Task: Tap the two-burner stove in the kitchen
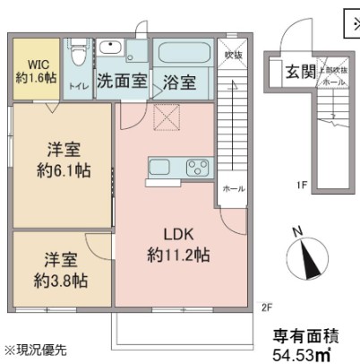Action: pyautogui.click(x=195, y=167)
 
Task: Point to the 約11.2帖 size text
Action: pyautogui.click(x=178, y=255)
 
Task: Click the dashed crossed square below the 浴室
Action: pyautogui.click(x=166, y=116)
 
